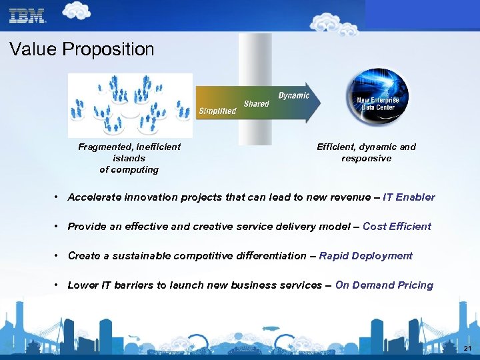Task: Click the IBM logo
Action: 27,16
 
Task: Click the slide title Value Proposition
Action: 82,49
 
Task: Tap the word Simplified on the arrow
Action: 217,111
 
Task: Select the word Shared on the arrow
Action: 256,103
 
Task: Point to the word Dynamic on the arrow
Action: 293,95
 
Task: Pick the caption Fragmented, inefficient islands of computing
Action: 129,158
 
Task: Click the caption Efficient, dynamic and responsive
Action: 366,153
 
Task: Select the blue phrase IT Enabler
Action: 409,197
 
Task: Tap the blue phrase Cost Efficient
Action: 397,227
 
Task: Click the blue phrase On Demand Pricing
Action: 384,285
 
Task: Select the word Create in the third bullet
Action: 84,256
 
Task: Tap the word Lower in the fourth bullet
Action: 83,285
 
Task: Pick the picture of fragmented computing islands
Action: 130,105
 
